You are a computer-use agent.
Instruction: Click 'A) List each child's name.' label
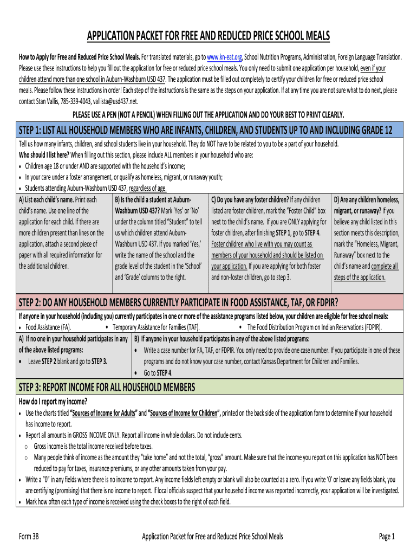pos(47,199)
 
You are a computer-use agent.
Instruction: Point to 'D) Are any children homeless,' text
pos(367,199)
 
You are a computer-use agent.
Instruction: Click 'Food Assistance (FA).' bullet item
pos(48,327)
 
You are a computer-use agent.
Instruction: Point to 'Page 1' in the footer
pos(387,537)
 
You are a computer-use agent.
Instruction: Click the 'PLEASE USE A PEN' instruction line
pos(208,114)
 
